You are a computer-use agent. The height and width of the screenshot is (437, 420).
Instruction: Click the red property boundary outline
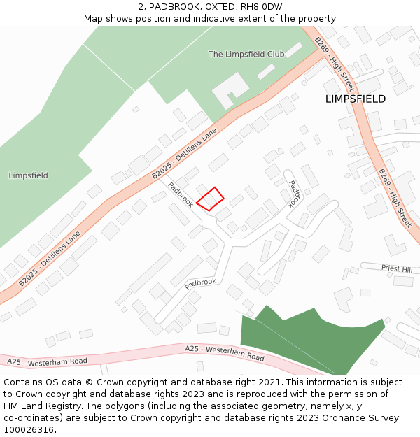pos(210,199)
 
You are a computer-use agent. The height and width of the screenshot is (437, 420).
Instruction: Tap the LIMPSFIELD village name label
pos(355,99)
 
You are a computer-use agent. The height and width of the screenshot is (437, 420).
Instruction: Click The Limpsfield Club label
pos(246,54)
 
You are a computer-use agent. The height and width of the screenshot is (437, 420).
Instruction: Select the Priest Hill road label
pos(397,268)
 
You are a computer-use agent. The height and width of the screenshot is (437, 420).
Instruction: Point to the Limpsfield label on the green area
pos(29,175)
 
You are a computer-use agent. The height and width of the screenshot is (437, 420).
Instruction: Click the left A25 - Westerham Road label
pos(48,361)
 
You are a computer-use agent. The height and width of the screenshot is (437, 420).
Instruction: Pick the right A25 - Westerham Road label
pos(225,352)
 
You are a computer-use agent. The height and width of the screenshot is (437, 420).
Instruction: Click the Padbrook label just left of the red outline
pos(181,194)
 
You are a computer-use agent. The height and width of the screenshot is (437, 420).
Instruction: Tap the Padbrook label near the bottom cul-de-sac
pos(201,283)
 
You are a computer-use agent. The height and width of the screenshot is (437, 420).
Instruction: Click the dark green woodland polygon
pos(308,339)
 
